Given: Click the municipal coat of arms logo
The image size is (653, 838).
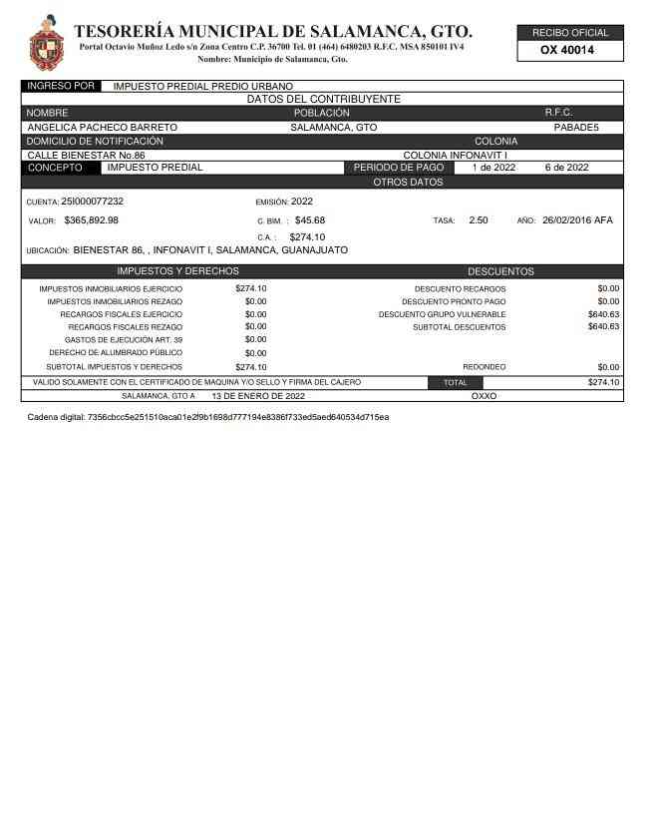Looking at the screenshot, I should click(x=45, y=41).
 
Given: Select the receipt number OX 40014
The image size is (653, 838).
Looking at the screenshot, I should click(x=567, y=50).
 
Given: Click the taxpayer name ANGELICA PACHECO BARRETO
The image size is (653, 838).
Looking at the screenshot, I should click(x=102, y=128).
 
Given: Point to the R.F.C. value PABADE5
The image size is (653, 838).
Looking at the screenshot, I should click(x=576, y=128).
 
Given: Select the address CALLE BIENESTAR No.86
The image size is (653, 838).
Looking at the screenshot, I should click(x=86, y=156).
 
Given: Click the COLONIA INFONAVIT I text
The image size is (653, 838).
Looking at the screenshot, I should click(x=455, y=156).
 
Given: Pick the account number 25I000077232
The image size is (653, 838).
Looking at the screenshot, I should click(x=93, y=202).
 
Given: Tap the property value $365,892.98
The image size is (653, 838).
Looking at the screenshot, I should click(x=91, y=220).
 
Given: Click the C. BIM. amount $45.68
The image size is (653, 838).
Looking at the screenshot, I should click(x=310, y=220).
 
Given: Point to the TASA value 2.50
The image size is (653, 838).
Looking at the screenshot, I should click(x=479, y=220).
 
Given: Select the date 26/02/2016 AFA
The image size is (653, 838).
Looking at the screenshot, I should click(x=578, y=220).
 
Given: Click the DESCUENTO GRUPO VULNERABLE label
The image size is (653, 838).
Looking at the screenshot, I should click(x=442, y=314).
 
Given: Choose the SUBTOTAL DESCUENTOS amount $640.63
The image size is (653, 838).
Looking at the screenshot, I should click(x=603, y=327).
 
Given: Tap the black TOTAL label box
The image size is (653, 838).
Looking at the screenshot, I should click(x=455, y=382).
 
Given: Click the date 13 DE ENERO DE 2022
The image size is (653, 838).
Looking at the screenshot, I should click(x=258, y=396).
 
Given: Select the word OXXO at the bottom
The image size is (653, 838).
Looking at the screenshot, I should click(x=484, y=396).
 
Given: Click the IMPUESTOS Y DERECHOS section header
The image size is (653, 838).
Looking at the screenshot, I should click(x=177, y=271).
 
